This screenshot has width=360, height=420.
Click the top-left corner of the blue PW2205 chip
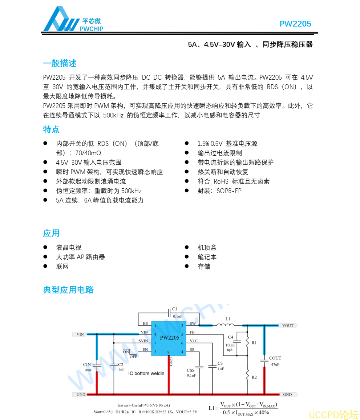point(151,321)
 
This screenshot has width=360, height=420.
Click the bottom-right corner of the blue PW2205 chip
point(186,356)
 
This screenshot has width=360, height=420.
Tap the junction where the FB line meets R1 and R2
point(247,356)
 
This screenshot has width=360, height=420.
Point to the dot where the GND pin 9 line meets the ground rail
point(169,394)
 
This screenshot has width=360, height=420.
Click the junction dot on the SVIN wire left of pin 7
point(114,343)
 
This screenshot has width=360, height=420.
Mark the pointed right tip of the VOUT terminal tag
point(298,325)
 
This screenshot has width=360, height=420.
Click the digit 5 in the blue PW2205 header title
point(309,24)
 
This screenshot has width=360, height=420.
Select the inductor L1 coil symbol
point(225,325)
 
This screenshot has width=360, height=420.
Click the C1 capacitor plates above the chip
point(169,313)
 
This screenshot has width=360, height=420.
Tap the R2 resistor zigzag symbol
point(247,374)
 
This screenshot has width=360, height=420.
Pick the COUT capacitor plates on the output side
point(264,361)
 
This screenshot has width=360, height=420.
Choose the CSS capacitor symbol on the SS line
point(199,367)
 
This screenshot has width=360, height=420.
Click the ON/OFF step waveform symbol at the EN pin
point(130,352)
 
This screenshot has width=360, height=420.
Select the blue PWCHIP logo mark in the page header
point(61,19)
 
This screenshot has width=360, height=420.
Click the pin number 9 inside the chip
point(168,352)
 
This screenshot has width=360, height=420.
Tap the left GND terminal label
point(81,394)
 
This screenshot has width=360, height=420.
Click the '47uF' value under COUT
point(275,364)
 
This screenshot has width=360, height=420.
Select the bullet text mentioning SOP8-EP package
point(219,191)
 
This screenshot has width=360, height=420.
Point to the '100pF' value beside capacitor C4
point(230,345)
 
